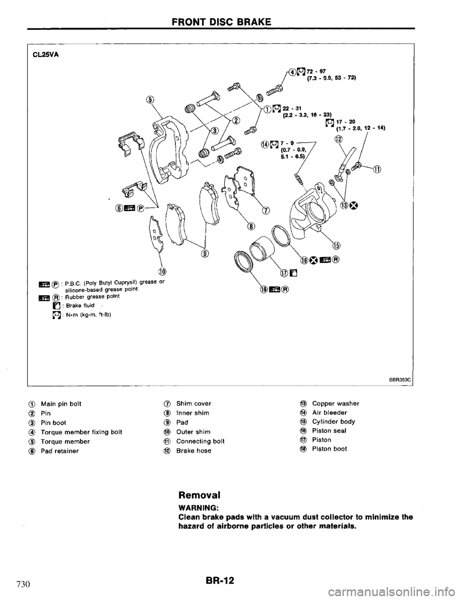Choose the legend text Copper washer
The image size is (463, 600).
336,403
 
